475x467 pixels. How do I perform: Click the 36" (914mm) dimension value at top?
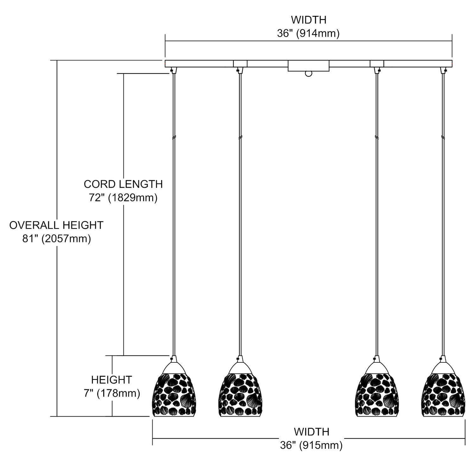coord(308,33)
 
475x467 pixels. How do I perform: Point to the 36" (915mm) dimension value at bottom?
coord(311,445)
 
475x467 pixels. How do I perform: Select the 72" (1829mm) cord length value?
coord(123,198)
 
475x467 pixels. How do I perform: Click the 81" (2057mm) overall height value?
coord(57,239)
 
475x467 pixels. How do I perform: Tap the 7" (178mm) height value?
coord(112,393)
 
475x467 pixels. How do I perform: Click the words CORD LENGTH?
coord(123,184)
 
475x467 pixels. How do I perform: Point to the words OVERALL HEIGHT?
coord(56,225)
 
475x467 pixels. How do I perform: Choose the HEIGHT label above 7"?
coord(111,380)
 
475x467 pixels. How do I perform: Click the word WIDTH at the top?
coord(308,20)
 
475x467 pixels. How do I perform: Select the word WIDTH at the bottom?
coord(311,432)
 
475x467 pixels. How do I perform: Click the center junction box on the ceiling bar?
coord(308,66)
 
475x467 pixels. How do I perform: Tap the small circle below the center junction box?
coord(308,74)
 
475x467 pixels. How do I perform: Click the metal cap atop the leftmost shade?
coord(173,367)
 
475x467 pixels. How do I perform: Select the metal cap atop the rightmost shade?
coord(443,367)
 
